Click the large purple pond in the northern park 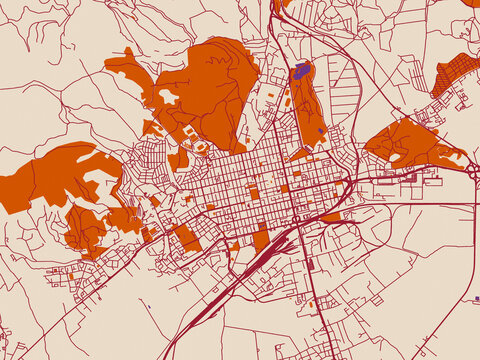(x=301, y=71)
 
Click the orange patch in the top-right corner (x=471, y=3)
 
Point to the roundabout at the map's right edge (x=473, y=171)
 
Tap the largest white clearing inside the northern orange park (x=167, y=96)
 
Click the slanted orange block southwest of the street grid (x=186, y=238)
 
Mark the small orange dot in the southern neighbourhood (x=313, y=303)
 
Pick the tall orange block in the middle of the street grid (x=254, y=190)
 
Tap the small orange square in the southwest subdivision (x=147, y=236)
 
